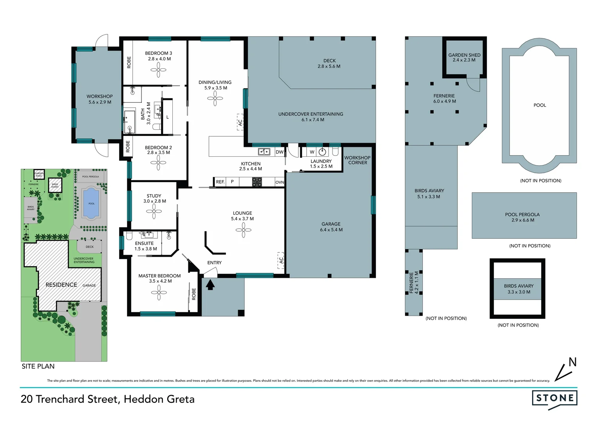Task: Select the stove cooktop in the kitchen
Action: pos(257,182)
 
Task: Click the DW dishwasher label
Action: pos(279,152)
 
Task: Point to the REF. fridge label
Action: pos(220,182)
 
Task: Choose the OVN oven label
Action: pos(279,182)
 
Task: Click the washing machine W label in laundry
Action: pos(312,152)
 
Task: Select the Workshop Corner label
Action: pos(357,160)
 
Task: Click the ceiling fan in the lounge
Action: pos(243,230)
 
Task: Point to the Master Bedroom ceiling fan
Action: pos(159,292)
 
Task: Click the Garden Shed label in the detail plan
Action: pos(464,55)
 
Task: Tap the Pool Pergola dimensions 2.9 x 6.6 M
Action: pos(522,220)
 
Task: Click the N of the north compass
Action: pos(572,362)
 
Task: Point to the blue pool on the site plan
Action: pos(91,203)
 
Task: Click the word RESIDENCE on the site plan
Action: pos(61,285)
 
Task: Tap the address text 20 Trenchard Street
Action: pos(69,399)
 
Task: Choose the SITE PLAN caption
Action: pos(38,366)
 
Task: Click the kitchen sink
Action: pos(264,152)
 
